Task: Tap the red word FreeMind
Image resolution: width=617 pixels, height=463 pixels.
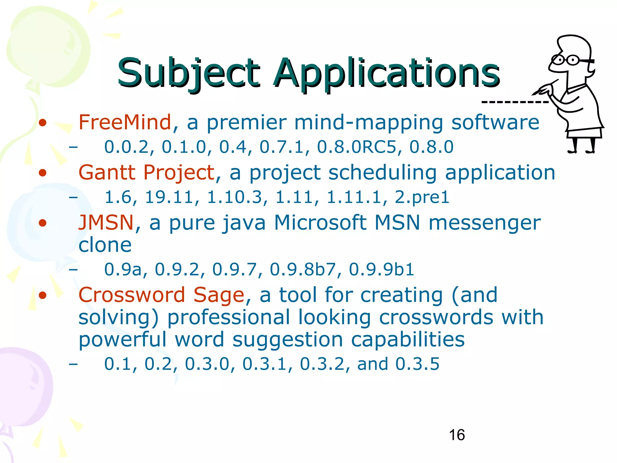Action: pos(125,122)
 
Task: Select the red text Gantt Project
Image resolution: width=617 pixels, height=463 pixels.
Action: pos(146,173)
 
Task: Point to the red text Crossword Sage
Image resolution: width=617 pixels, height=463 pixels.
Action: pos(161,295)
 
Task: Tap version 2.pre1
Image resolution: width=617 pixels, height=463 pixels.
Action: pos(422,197)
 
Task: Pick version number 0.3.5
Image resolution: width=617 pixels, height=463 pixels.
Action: pos(417,364)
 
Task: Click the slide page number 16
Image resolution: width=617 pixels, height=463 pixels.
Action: pos(457,435)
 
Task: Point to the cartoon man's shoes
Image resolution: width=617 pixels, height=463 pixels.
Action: pos(581,151)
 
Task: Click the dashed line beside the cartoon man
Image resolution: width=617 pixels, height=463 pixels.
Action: pos(515,102)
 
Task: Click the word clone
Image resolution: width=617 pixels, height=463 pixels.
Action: pos(105,245)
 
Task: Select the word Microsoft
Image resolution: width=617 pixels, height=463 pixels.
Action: pos(320,223)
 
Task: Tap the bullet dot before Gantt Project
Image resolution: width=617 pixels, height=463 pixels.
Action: pos(43,173)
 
